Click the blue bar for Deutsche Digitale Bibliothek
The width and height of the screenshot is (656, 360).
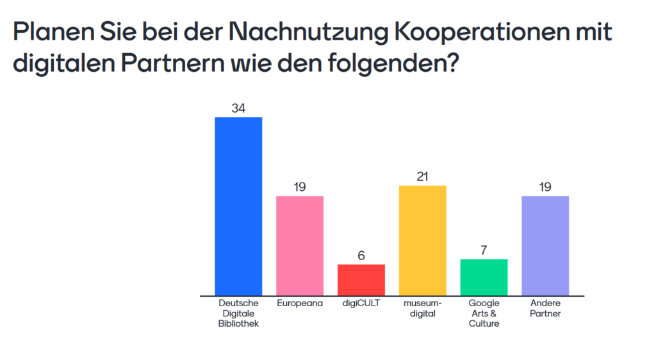238,206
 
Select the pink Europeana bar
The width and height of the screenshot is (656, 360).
300,245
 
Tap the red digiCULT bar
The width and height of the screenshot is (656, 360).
361,279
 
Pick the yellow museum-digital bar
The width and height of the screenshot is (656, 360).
423,240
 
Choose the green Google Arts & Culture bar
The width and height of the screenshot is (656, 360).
484,277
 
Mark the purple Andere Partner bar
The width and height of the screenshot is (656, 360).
546,245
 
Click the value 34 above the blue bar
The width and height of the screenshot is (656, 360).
238,109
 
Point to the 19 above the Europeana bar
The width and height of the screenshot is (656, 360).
300,187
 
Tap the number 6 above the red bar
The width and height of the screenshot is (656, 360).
361,256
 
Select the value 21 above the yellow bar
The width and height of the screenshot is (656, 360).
423,177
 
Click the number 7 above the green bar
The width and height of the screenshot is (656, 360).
484,250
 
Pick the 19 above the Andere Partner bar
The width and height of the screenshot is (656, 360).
546,187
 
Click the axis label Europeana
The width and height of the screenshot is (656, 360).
300,303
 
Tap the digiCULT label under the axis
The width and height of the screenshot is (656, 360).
361,303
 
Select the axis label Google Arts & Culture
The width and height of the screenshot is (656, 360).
484,313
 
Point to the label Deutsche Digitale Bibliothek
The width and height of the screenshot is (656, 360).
238,313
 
